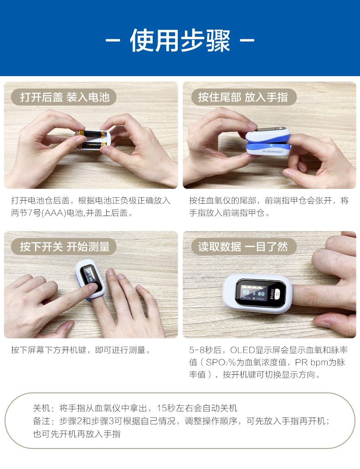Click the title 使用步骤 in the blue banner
pos(180,41)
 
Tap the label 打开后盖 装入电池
pos(64,97)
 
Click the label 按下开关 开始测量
pos(64,247)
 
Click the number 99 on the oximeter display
pos(247,293)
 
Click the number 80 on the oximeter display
pos(261,294)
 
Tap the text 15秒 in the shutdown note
pos(166,408)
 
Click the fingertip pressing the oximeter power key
pos(93,287)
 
